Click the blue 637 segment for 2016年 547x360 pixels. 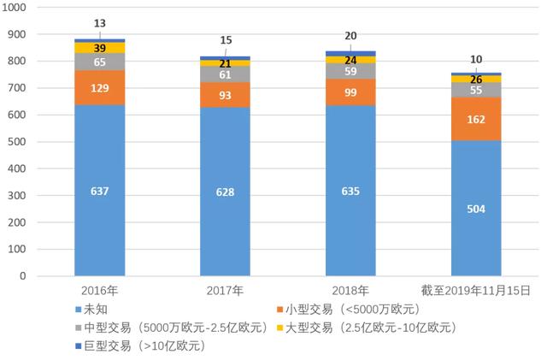(x=100, y=191)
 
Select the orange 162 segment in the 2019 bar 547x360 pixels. (x=477, y=119)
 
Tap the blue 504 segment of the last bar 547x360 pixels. (x=477, y=208)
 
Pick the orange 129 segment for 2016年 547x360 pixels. (x=100, y=87)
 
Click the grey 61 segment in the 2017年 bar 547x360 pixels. (x=226, y=74)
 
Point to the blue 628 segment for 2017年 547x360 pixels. (x=226, y=192)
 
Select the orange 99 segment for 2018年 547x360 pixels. (x=351, y=91)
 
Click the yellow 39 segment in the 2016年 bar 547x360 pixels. (x=100, y=48)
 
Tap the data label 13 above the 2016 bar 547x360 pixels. (x=100, y=23)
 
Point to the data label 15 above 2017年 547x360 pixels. (x=226, y=40)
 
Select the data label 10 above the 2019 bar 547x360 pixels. (x=477, y=59)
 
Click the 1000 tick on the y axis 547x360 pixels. (x=16, y=8)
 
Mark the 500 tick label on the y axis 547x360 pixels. (x=20, y=142)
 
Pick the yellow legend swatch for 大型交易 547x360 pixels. (x=279, y=328)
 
